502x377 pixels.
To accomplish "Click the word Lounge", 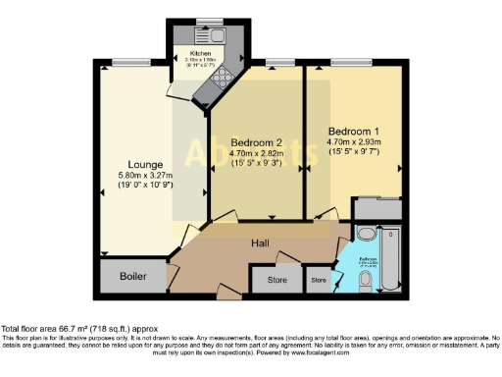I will coord(145,164).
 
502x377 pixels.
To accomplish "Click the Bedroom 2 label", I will coord(249,140).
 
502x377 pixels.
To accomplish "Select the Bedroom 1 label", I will coord(351,131).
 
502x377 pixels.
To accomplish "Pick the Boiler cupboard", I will coord(132,277).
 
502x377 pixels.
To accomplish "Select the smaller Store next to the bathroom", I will coord(318,280).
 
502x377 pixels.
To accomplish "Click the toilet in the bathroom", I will coord(365,281).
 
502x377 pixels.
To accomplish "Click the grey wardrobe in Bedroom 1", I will coord(377,207).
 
